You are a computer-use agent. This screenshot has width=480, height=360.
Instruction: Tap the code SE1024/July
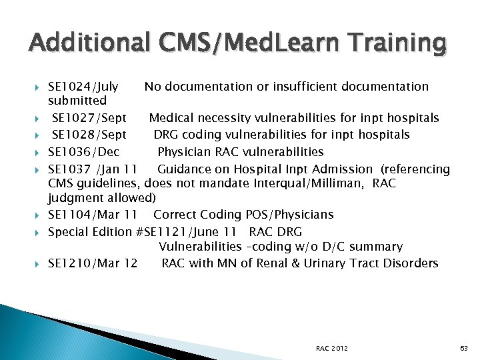(83, 86)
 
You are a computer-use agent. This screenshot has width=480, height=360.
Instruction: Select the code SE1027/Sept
(89, 118)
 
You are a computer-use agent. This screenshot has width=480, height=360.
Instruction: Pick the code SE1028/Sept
(89, 135)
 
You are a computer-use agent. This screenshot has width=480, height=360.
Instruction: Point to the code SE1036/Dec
(84, 152)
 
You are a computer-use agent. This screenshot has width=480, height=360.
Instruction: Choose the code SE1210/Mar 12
(93, 263)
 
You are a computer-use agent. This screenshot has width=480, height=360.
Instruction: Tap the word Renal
(283, 263)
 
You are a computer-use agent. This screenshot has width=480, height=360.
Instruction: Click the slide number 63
(464, 349)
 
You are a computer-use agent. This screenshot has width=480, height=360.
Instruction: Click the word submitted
(77, 101)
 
